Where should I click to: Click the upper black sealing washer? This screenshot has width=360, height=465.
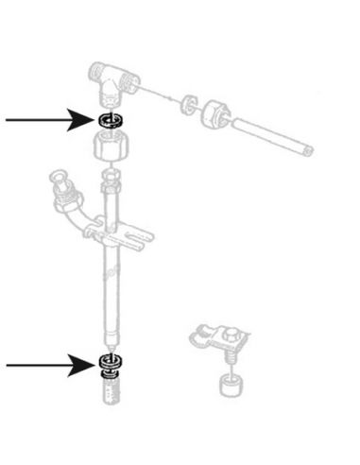pos(111,120)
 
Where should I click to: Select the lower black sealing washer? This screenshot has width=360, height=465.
pos(110,363)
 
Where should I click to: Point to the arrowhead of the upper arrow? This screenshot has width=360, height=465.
pos(92,120)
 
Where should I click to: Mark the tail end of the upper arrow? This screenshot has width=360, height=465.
pos(8,120)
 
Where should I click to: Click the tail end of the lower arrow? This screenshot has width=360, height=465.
pos(8,364)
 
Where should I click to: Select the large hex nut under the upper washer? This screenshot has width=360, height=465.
pos(111,147)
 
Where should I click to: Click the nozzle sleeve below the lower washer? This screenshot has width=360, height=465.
pos(111,389)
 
